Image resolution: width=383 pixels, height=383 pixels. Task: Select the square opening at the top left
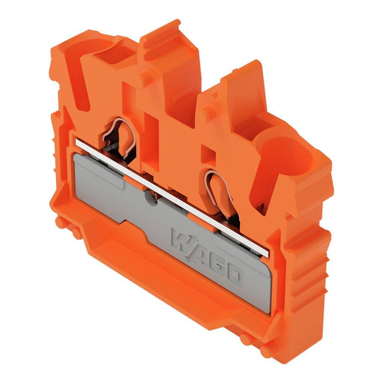coord(115,54)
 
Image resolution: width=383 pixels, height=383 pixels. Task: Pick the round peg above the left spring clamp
coord(146,78)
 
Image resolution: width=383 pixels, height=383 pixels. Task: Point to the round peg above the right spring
coord(208,113)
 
